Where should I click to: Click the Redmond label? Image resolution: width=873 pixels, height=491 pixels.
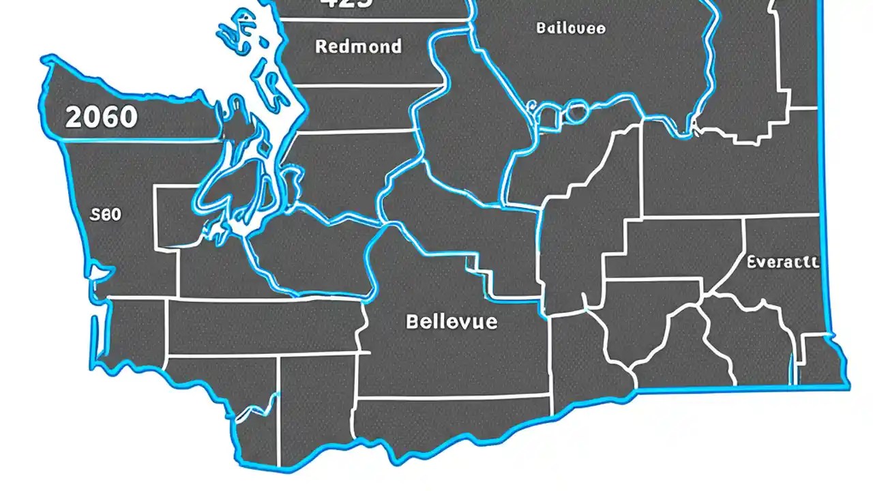pyautogui.click(x=358, y=46)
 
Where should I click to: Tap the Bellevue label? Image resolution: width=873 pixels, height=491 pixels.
pyautogui.click(x=452, y=321)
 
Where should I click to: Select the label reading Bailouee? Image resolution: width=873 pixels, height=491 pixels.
pyautogui.click(x=570, y=28)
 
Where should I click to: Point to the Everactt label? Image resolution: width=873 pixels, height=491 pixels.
pyautogui.click(x=783, y=262)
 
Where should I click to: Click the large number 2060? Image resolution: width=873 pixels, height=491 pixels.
pyautogui.click(x=101, y=117)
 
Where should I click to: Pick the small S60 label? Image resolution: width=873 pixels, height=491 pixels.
pyautogui.click(x=105, y=214)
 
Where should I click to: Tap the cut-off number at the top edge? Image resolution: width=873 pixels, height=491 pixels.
pyautogui.click(x=346, y=3)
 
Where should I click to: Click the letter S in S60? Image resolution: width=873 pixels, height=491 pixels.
pyautogui.click(x=94, y=214)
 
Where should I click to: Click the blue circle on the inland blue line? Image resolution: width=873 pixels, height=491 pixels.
pyautogui.click(x=576, y=112)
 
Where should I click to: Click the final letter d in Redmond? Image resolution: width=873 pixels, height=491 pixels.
pyautogui.click(x=396, y=46)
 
